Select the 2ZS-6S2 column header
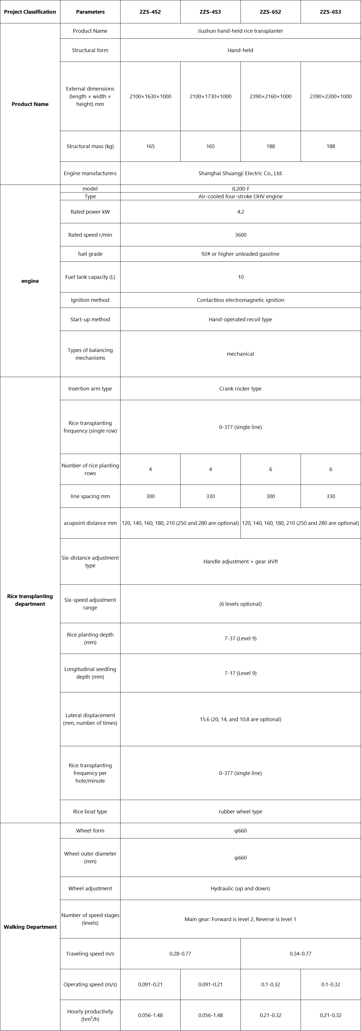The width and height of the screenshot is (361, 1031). pyautogui.click(x=271, y=12)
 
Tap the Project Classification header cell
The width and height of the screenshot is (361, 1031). pyautogui.click(x=30, y=12)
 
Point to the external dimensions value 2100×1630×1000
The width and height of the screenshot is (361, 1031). pyautogui.click(x=150, y=97)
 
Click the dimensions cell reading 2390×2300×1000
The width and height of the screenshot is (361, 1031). pyautogui.click(x=331, y=97)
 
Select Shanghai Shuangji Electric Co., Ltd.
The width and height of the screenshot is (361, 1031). pyautogui.click(x=240, y=173)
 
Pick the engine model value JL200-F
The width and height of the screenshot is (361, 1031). pyautogui.click(x=240, y=189)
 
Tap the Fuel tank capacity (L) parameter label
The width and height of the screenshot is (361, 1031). pyautogui.click(x=90, y=277)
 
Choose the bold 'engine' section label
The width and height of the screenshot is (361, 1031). pyautogui.click(x=30, y=281)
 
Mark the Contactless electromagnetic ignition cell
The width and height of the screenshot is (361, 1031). pyautogui.click(x=240, y=300)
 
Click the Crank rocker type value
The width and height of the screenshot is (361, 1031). pyautogui.click(x=240, y=389)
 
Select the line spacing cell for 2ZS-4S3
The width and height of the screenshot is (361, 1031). pyautogui.click(x=211, y=496)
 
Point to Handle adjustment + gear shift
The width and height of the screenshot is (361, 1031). pyautogui.click(x=240, y=562)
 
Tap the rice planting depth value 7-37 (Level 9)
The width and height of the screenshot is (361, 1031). pyautogui.click(x=240, y=638)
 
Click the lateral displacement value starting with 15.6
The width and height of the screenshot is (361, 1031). pyautogui.click(x=240, y=719)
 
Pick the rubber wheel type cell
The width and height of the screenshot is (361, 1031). pyautogui.click(x=240, y=812)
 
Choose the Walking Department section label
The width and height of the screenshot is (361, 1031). pyautogui.click(x=30, y=927)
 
